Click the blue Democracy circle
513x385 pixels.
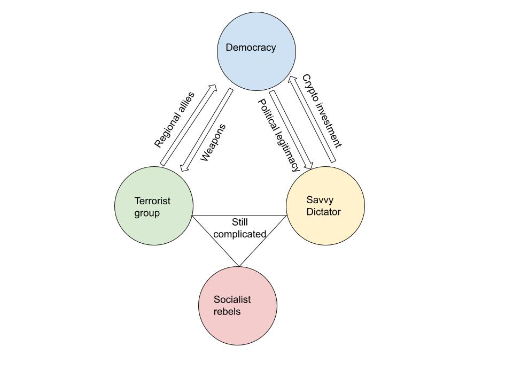[x=256, y=67]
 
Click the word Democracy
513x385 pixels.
[x=251, y=48]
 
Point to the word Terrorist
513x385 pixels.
[x=152, y=201]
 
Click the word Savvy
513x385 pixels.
[x=320, y=200]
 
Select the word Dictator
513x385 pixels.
[x=323, y=212]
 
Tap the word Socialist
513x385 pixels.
[x=232, y=299]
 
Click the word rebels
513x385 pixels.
[x=227, y=311]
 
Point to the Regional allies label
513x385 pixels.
[x=175, y=120]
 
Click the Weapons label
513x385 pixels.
[x=213, y=142]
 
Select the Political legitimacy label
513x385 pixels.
[x=279, y=135]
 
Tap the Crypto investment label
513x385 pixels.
[x=322, y=111]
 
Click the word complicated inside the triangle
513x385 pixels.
[x=239, y=234]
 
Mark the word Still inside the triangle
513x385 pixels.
[x=240, y=222]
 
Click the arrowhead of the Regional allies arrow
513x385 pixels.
[x=214, y=88]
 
